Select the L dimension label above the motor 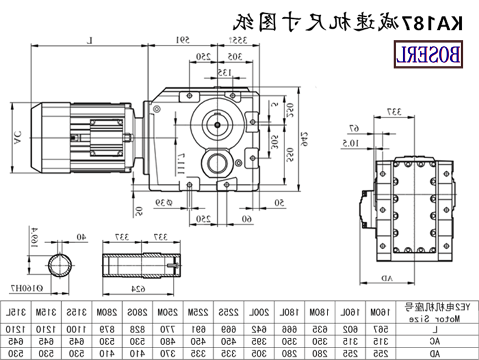pos(90,40)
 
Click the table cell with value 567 pos(378,329)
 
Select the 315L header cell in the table pos(17,311)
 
